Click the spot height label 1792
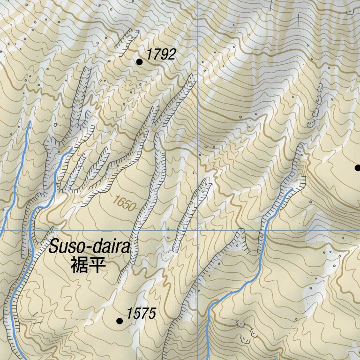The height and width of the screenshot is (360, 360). (x=160, y=54)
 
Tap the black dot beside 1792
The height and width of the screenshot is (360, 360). (x=139, y=61)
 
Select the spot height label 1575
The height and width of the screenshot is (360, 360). (x=141, y=314)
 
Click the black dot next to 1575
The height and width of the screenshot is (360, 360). (x=120, y=321)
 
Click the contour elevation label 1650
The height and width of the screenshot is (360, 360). (x=124, y=203)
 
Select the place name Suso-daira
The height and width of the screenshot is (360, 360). (x=89, y=247)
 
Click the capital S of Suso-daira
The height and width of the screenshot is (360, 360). (x=54, y=247)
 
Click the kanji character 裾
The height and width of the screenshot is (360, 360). (x=79, y=265)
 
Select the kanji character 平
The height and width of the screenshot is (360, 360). (x=97, y=265)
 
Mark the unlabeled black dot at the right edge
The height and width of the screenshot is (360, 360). (x=358, y=168)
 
